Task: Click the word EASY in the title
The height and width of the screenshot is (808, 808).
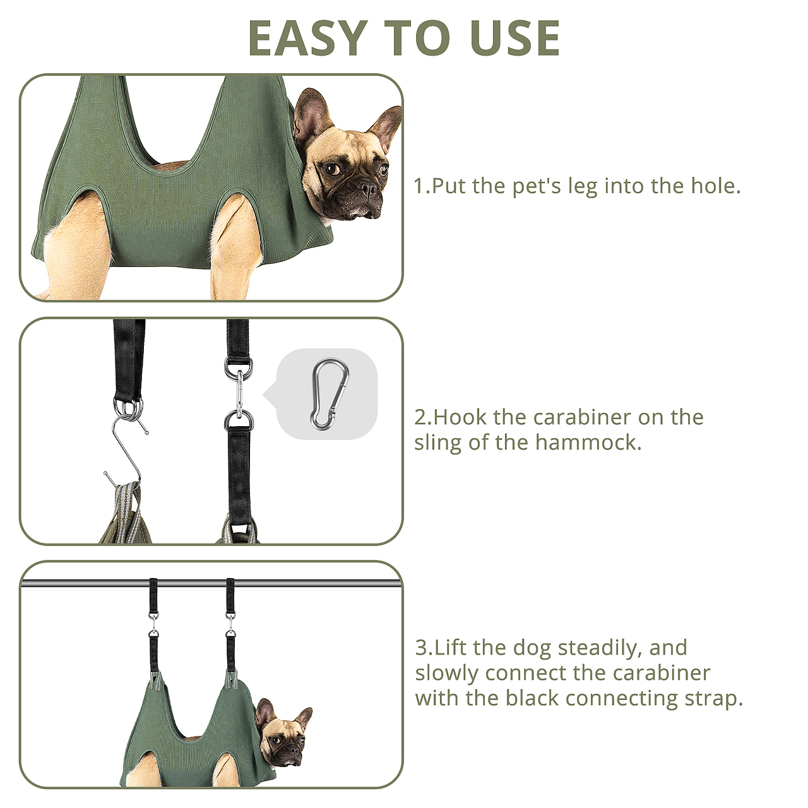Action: point(308,38)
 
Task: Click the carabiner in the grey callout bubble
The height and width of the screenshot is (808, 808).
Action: point(330,394)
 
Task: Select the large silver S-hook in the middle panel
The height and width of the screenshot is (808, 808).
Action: point(125,452)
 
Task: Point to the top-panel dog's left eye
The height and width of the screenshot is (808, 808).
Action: point(333,169)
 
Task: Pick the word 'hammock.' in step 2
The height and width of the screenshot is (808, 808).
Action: point(588,443)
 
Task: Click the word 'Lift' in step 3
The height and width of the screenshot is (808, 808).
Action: point(450,648)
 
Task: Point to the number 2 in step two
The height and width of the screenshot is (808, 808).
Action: point(420,418)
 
